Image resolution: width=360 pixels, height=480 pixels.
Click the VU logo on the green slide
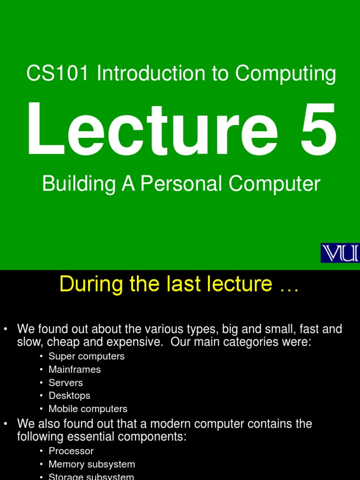tap(340, 253)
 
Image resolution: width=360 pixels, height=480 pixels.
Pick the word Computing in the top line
tap(285, 74)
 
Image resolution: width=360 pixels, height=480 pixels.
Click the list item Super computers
tap(87, 356)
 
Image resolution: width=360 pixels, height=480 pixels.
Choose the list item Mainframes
tap(75, 369)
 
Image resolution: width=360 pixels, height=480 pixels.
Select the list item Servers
tap(66, 382)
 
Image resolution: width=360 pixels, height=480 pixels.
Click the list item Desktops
tap(69, 396)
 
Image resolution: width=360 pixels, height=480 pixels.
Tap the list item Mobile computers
tap(88, 409)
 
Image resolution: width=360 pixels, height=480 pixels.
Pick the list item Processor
tap(71, 451)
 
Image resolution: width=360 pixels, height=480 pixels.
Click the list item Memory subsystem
tap(92, 464)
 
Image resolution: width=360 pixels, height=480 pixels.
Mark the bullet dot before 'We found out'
tap(6, 330)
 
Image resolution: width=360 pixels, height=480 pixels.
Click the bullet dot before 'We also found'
tap(6, 424)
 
